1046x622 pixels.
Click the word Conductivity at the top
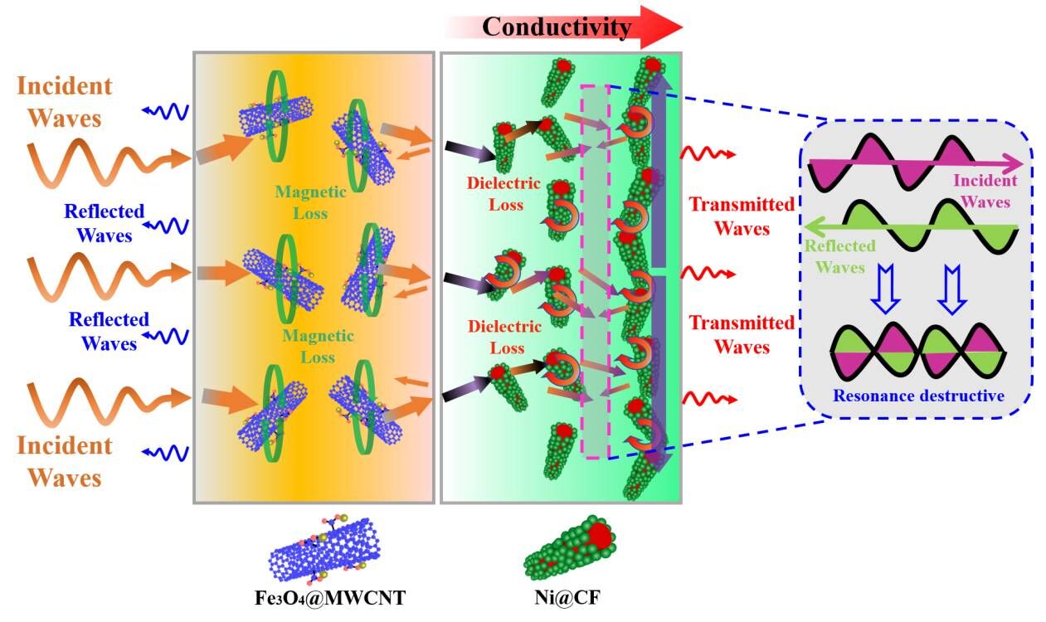556,27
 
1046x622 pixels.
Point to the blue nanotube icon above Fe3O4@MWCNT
324,550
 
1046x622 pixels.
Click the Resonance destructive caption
917,396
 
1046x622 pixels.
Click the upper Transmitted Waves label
741,216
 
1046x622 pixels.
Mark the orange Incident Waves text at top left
65,102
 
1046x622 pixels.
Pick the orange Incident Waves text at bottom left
65,461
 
